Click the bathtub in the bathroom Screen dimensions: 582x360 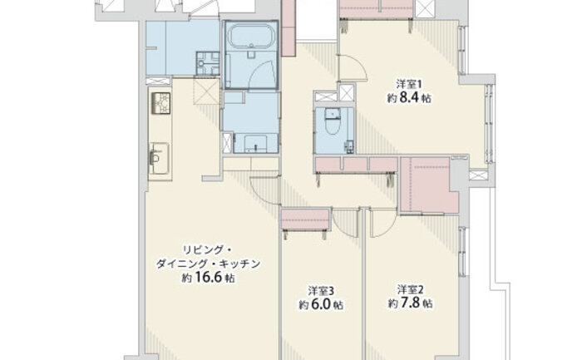252,37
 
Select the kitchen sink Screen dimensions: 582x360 160,158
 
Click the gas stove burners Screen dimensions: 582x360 160,103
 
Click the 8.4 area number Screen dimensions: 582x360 409,97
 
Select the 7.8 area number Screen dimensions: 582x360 410,303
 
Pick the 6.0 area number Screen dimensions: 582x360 321,304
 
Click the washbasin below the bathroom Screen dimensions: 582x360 256,144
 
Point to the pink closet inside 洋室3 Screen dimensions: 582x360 306,219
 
